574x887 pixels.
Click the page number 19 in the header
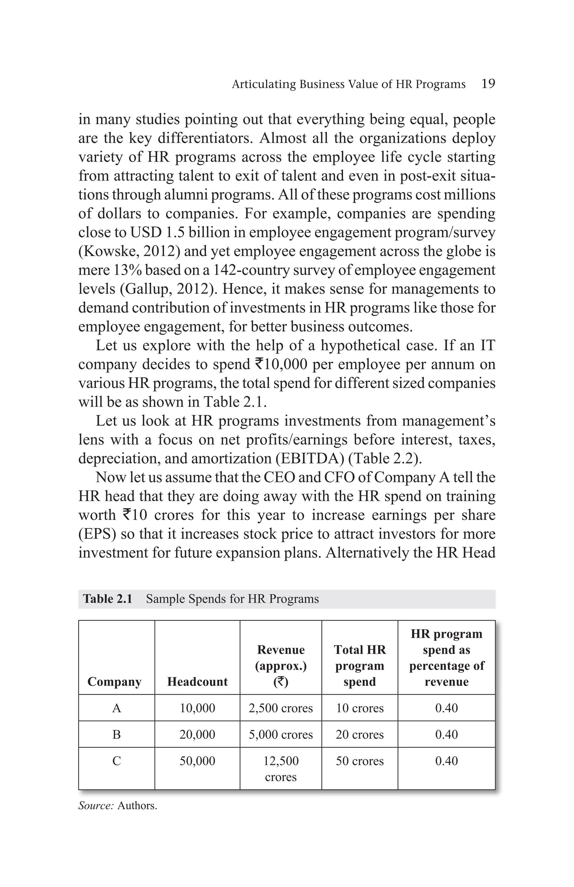(488, 84)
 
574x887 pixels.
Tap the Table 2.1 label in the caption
(108, 599)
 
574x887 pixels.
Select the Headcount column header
(197, 681)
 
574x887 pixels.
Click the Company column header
(114, 681)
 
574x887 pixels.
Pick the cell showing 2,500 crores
(281, 708)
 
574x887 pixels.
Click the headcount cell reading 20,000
(197, 734)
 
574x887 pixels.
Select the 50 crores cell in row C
(359, 761)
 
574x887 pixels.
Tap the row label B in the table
(116, 734)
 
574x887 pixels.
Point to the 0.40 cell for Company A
(446, 708)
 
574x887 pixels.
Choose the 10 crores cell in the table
(359, 708)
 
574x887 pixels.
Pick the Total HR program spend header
(359, 665)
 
